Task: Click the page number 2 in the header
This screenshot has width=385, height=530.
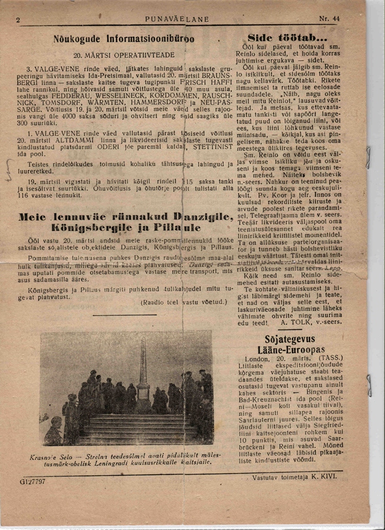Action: click(x=19, y=19)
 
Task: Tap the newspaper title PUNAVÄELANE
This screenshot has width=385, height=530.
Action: click(x=177, y=19)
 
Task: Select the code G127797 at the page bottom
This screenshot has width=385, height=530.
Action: click(x=32, y=481)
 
